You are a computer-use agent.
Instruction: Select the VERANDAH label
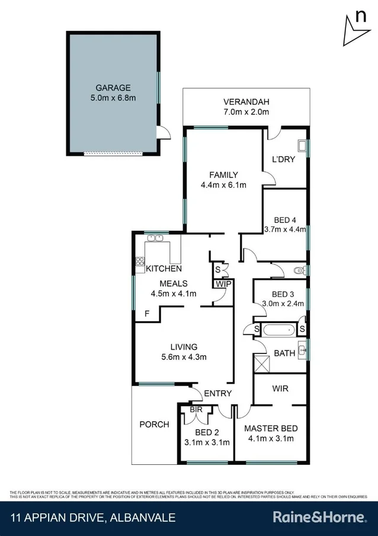[246, 101]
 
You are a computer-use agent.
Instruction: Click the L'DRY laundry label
[283, 159]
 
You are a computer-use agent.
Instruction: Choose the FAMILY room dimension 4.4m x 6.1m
[223, 185]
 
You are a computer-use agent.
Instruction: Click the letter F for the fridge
[146, 314]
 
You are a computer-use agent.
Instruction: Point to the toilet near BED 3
[300, 271]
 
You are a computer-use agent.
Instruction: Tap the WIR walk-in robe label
[280, 390]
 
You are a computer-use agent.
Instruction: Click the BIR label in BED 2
[197, 410]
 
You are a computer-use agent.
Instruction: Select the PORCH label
[154, 424]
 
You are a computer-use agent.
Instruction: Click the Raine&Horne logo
[319, 518]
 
